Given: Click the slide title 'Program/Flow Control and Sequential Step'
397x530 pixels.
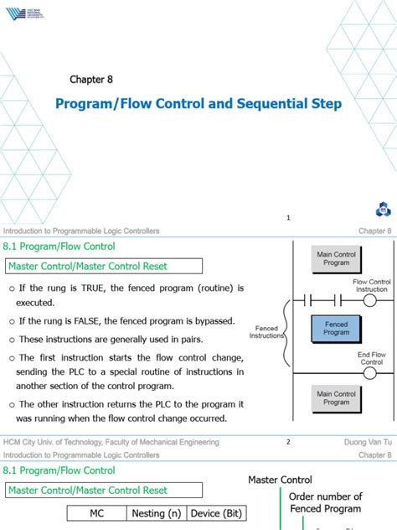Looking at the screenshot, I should pyautogui.click(x=198, y=104).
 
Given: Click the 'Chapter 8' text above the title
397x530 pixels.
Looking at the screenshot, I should pyautogui.click(x=90, y=80).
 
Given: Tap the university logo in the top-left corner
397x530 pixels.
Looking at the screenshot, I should pyautogui.click(x=23, y=13).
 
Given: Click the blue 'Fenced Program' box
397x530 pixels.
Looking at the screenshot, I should pyautogui.click(x=337, y=327).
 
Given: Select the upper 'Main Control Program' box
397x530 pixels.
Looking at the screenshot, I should pyautogui.click(x=337, y=257).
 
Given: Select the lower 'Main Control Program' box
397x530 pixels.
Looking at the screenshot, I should pyautogui.click(x=337, y=397).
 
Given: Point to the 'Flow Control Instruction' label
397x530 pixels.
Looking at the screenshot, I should pyautogui.click(x=371, y=286).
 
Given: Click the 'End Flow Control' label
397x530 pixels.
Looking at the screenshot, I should pyautogui.click(x=372, y=358).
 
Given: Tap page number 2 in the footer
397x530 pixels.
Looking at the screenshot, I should pyautogui.click(x=288, y=442).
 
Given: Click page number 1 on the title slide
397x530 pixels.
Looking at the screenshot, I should pyautogui.click(x=288, y=218).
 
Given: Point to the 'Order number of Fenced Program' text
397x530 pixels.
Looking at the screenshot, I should pyautogui.click(x=325, y=502).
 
